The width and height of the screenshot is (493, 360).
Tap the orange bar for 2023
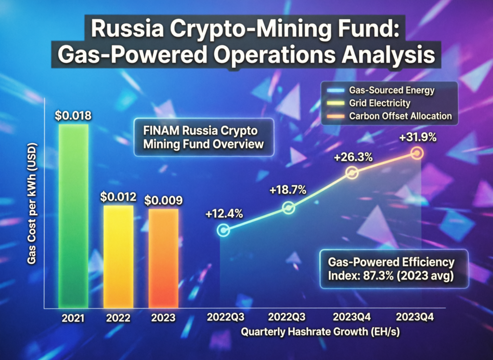163,258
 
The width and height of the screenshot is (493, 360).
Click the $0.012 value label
119,197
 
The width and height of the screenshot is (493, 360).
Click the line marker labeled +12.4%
223,230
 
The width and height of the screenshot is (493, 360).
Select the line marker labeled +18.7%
288,208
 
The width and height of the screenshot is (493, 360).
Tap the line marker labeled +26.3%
352,173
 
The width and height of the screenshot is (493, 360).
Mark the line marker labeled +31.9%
417,153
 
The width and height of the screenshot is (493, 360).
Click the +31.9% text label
417,137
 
